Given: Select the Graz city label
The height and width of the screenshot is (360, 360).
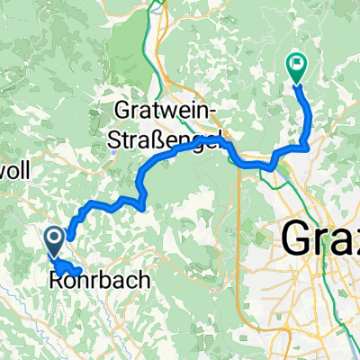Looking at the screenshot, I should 320,238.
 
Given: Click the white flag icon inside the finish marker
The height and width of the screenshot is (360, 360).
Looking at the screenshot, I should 296,64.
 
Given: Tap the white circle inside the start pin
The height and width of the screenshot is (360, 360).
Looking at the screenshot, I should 53,238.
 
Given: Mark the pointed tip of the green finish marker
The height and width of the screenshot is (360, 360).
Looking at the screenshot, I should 296,84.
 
